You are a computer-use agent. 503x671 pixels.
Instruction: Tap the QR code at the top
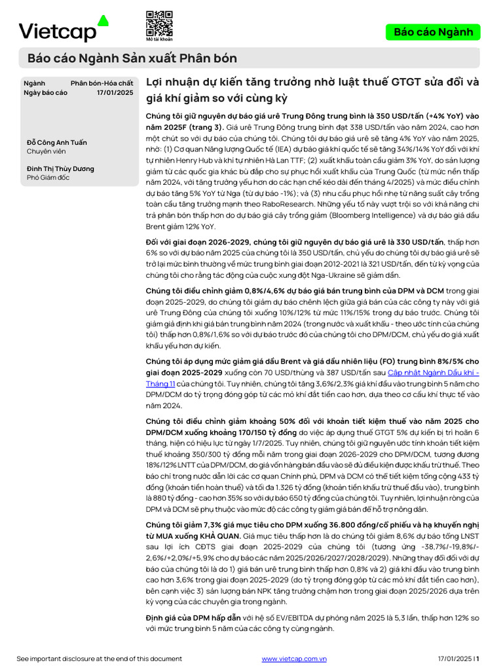tap(159, 23)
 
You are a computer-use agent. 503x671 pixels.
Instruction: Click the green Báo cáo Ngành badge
tap(433, 32)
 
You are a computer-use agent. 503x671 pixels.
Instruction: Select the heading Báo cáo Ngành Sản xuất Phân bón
tap(132, 58)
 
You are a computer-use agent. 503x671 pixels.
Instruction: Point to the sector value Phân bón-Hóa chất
tap(102, 83)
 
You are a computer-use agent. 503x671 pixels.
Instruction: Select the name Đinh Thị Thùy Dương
tap(60, 168)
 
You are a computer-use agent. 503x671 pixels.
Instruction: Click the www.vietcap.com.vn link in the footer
tap(294, 659)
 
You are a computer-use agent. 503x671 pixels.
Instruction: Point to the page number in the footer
tap(477, 659)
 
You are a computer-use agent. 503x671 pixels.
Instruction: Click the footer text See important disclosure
tap(99, 659)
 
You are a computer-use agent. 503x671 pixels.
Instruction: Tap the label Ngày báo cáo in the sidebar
tap(45, 93)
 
